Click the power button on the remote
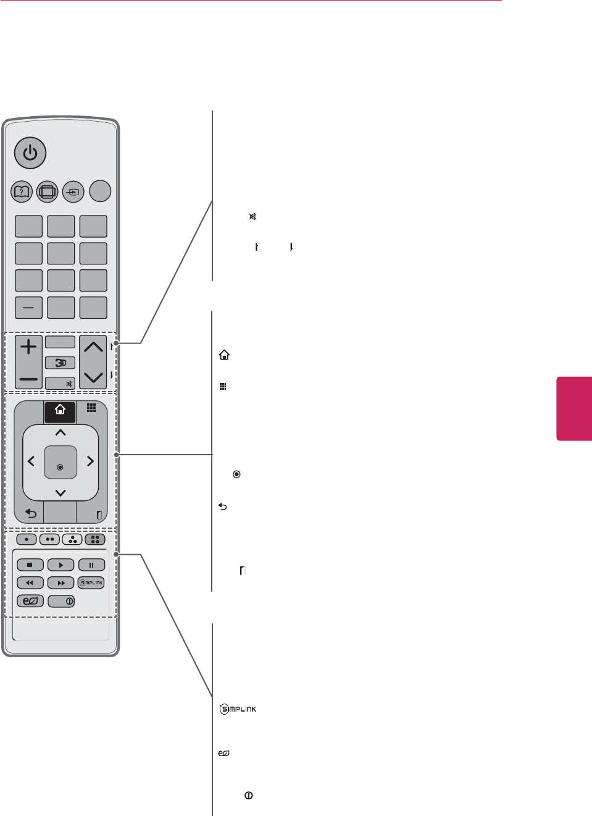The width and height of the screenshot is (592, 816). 30,153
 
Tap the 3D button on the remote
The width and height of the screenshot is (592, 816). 60,363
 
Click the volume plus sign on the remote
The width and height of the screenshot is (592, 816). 28,347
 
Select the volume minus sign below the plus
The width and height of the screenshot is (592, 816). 28,379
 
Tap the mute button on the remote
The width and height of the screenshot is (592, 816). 60,384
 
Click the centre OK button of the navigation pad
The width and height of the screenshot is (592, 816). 60,467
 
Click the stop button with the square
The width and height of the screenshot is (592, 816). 30,565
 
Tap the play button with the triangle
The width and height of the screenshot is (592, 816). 60,565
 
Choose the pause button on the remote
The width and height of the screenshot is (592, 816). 91,565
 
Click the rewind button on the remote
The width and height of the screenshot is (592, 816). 30,583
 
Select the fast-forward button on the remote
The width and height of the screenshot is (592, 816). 60,583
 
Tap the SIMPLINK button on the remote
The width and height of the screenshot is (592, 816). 91,583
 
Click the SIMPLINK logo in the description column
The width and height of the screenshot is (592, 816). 238,709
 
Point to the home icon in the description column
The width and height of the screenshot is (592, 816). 224,355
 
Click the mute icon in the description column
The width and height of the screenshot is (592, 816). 252,217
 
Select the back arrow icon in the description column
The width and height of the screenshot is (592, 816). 223,507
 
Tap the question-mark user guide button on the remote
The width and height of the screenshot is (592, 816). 22,191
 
